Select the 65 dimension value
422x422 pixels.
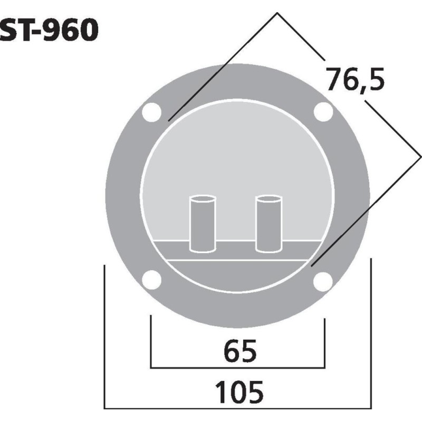(x=239, y=351)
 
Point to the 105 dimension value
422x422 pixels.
(x=239, y=391)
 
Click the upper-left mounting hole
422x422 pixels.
(x=152, y=112)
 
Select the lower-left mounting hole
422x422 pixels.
(x=152, y=280)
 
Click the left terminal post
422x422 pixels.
(x=203, y=224)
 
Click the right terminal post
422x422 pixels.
(x=268, y=224)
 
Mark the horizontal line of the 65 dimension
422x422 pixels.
(x=237, y=368)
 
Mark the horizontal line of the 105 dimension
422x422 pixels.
(x=237, y=408)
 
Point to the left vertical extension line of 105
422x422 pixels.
(x=105, y=338)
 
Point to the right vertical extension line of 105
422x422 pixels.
(x=372, y=338)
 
